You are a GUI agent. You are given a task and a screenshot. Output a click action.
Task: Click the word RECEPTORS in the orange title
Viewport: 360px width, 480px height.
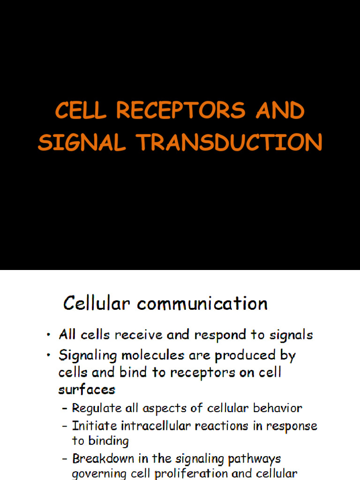coord(180,111)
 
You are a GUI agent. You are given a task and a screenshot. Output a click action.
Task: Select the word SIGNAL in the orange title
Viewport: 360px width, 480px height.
coord(82,142)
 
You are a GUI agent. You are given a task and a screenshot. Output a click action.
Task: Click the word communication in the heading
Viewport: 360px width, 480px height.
coord(202,303)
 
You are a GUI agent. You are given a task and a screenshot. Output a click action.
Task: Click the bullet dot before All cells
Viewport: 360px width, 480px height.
coord(48,336)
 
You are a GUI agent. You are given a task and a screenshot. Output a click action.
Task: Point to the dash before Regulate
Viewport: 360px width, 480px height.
coord(65,409)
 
